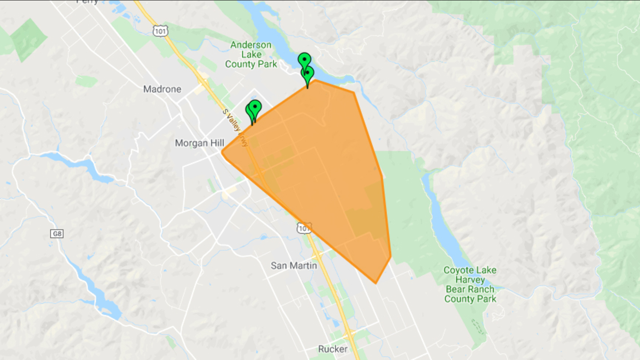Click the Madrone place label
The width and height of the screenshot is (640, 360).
162,89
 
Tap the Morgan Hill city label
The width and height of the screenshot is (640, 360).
199,143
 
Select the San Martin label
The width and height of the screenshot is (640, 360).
294,266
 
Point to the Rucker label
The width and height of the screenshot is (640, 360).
332,349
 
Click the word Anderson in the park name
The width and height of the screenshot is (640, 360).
251,45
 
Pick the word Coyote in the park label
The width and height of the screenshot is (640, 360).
457,270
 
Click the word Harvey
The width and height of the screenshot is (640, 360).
470,280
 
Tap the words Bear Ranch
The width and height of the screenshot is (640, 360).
470,289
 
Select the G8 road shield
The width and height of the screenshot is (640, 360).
57,234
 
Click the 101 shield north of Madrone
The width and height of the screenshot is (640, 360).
160,31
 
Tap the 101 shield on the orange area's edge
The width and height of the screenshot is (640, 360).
304,228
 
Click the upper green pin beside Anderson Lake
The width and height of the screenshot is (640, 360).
304,60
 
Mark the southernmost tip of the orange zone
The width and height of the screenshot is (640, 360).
376,283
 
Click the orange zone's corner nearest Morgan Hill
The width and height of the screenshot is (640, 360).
222,152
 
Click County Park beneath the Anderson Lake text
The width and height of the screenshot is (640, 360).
251,64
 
